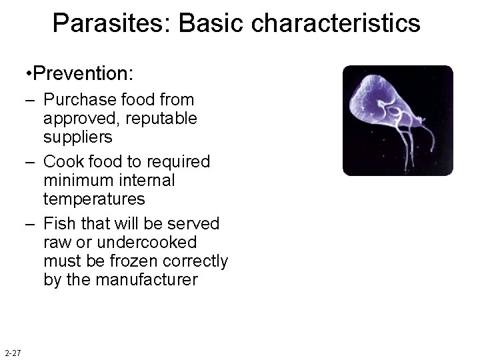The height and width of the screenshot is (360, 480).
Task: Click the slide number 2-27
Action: tap(13, 353)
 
